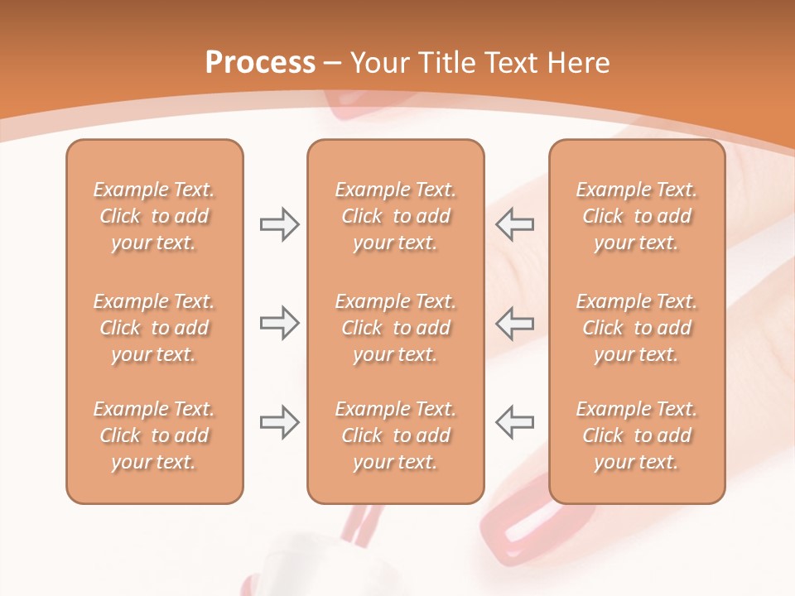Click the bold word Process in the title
point(260,63)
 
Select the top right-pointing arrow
point(279,224)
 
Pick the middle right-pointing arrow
point(279,323)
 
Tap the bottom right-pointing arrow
point(279,422)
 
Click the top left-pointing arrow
point(515,224)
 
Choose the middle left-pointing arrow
point(515,323)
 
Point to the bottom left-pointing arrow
point(515,422)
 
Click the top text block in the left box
point(154,216)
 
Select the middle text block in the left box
point(154,328)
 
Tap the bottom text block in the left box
point(154,435)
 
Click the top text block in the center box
point(395,216)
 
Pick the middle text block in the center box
point(395,328)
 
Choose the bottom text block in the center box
point(395,435)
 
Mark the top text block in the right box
point(637,216)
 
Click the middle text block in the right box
point(637,328)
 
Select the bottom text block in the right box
point(637,435)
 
